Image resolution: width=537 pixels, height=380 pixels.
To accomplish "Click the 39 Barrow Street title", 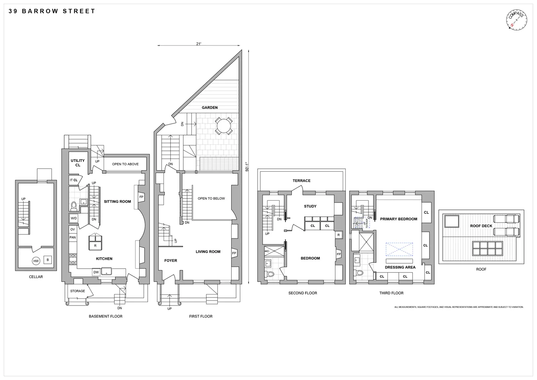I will click(52, 11).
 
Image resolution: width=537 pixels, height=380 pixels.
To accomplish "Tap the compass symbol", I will click(516, 20).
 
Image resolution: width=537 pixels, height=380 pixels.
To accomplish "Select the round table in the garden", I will click(224, 126).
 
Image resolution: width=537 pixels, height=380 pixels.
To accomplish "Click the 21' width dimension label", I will click(198, 44).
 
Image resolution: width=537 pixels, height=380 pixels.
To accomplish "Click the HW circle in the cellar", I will click(36, 261).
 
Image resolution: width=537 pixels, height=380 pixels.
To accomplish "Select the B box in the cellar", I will click(47, 260).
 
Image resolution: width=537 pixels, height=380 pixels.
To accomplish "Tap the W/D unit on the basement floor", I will click(74, 218).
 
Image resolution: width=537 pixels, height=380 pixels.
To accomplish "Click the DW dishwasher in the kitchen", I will click(96, 272).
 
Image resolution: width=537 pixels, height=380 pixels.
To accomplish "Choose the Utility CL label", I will click(78, 163).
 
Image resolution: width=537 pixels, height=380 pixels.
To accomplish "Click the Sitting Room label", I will click(117, 201).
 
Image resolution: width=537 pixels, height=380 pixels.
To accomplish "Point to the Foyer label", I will click(171, 261).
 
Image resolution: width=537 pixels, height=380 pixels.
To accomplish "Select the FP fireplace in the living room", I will click(234, 253).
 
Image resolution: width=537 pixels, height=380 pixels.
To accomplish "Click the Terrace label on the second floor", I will click(301, 181).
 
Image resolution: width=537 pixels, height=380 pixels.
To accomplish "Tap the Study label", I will click(310, 206).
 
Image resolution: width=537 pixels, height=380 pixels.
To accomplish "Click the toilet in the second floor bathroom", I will click(271, 274).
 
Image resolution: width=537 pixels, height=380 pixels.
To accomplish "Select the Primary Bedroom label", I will click(398, 219).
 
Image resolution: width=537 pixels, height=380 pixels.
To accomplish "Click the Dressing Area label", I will click(400, 267).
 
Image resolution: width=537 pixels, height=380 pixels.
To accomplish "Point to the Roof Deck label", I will click(481, 226).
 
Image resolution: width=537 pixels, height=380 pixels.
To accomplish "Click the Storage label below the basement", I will click(77, 291).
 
